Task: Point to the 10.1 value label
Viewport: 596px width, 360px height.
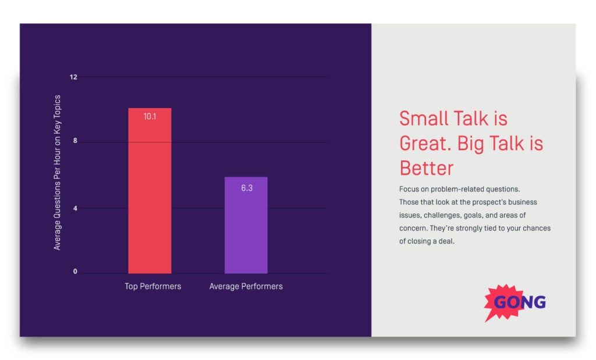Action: (150, 116)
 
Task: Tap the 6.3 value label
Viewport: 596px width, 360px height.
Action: (246, 188)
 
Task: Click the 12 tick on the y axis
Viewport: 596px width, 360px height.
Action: (74, 77)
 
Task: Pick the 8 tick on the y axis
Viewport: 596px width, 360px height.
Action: (75, 142)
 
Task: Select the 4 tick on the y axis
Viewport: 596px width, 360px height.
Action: (75, 208)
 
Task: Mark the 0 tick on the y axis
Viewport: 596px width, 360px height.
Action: (75, 272)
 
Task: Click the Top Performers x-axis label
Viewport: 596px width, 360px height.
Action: (152, 287)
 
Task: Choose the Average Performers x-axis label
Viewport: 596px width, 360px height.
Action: (246, 287)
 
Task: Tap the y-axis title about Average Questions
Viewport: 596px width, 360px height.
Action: (57, 173)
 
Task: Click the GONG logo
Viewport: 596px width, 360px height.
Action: (516, 302)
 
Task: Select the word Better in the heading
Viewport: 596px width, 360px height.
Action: (426, 168)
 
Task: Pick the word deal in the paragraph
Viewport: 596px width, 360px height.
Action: (446, 241)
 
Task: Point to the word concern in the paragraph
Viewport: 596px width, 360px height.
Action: (413, 229)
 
